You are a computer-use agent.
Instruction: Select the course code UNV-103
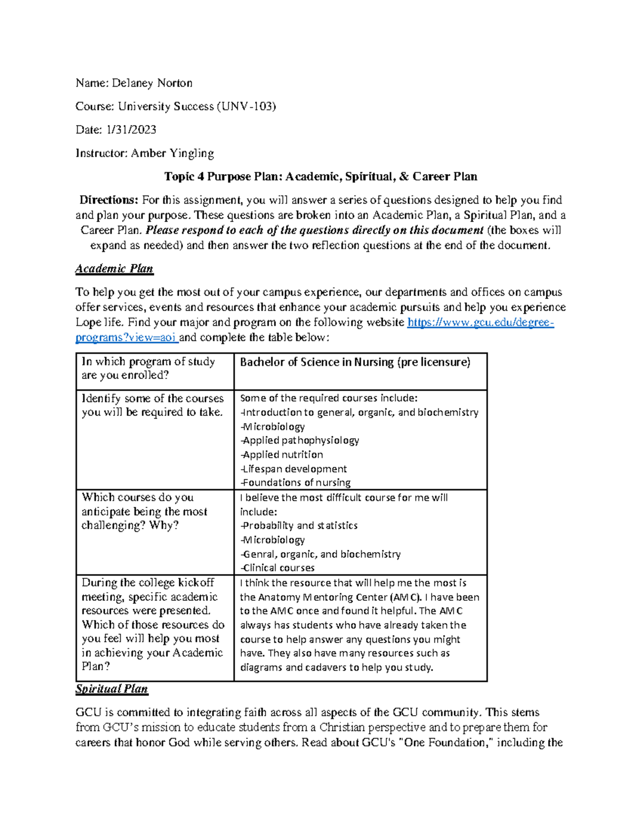pyautogui.click(x=246, y=106)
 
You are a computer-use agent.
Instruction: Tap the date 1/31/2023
pyautogui.click(x=132, y=129)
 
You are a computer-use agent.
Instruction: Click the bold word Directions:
pyautogui.click(x=109, y=200)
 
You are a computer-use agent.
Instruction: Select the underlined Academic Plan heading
pyautogui.click(x=114, y=268)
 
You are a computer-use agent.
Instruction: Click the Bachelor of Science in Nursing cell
pyautogui.click(x=355, y=362)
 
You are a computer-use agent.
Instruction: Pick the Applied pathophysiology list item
pyautogui.click(x=301, y=440)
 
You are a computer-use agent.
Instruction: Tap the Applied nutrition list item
pyautogui.click(x=282, y=454)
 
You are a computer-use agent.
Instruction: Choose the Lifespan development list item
pyautogui.click(x=294, y=469)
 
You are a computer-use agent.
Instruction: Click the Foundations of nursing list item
pyautogui.click(x=296, y=483)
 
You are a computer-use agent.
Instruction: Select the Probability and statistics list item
pyautogui.click(x=300, y=525)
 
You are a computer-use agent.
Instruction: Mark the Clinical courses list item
pyautogui.click(x=278, y=568)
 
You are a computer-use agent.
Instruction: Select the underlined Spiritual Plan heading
pyautogui.click(x=112, y=689)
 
